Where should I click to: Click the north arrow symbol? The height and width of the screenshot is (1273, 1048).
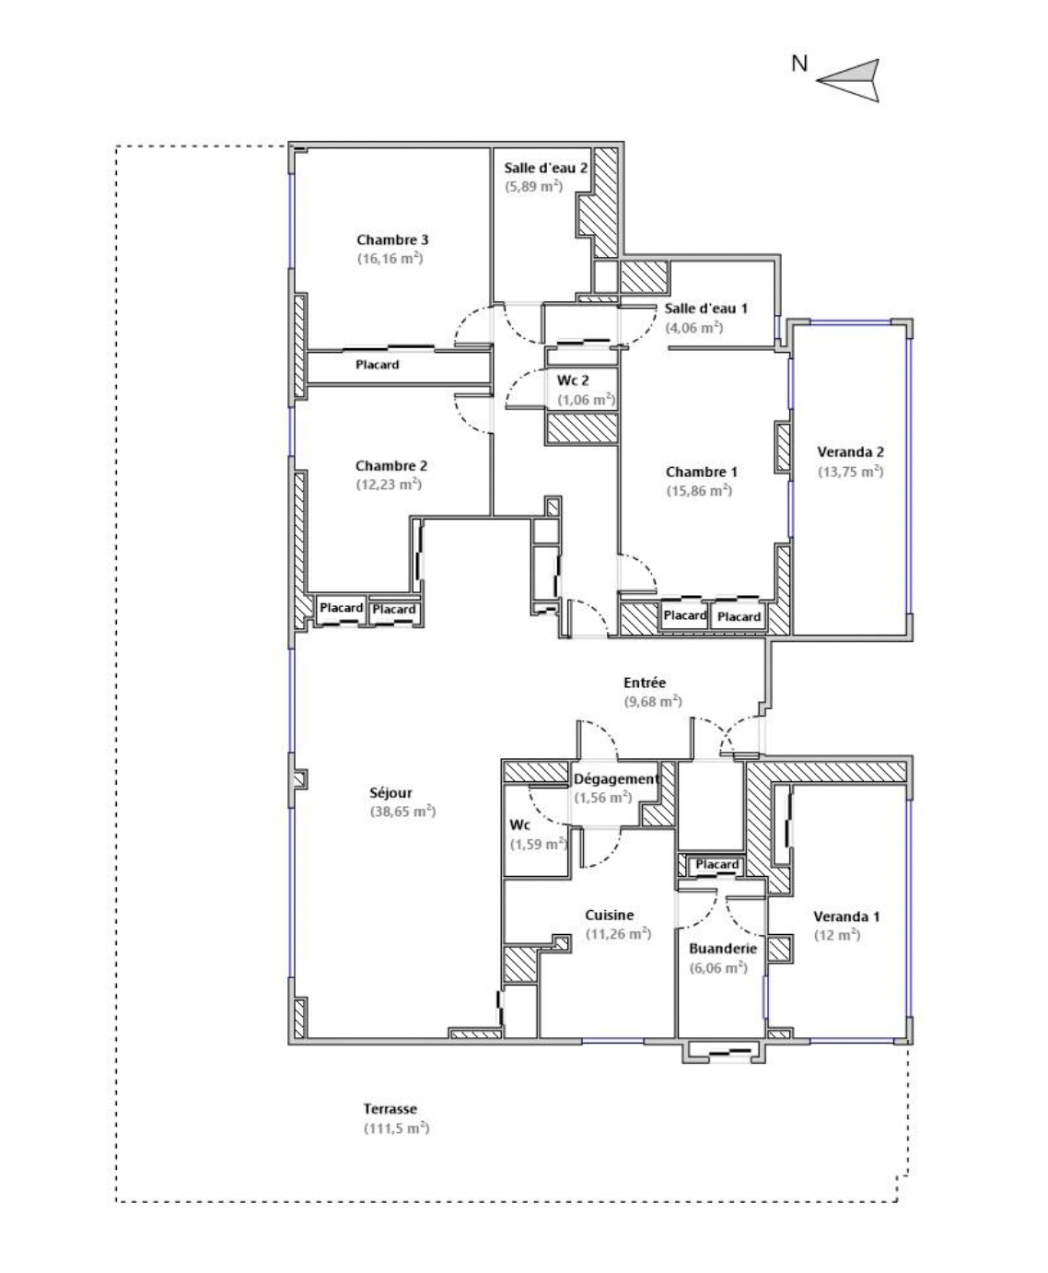(x=854, y=80)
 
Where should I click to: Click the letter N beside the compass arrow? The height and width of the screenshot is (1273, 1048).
(x=799, y=64)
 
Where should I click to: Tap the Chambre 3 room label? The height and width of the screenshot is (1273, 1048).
(x=392, y=239)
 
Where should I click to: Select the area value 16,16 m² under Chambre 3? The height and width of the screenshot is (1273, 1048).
(x=390, y=258)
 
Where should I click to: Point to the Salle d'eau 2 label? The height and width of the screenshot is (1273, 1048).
(x=546, y=168)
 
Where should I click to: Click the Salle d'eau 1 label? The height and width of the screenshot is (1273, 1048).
(x=706, y=309)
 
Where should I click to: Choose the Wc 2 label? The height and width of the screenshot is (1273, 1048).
(x=573, y=380)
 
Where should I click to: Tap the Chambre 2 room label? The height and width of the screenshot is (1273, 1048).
(x=391, y=466)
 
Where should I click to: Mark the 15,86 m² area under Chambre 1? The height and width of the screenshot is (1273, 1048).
(x=699, y=490)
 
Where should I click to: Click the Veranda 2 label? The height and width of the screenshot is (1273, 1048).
(x=851, y=451)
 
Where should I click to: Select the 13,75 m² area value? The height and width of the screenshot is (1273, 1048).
(x=851, y=472)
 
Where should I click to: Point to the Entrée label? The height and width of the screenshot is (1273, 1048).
(x=645, y=683)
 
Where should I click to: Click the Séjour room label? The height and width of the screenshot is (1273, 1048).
(x=390, y=792)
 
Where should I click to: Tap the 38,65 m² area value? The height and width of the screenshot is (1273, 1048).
(x=403, y=812)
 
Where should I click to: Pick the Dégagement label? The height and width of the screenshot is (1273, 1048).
(x=616, y=779)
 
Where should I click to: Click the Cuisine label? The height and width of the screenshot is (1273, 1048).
(x=610, y=915)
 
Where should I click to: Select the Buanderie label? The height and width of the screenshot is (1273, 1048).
(x=723, y=949)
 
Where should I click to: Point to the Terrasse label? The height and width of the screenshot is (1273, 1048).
(x=390, y=1109)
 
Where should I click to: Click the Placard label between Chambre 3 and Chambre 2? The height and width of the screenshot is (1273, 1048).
(x=378, y=365)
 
